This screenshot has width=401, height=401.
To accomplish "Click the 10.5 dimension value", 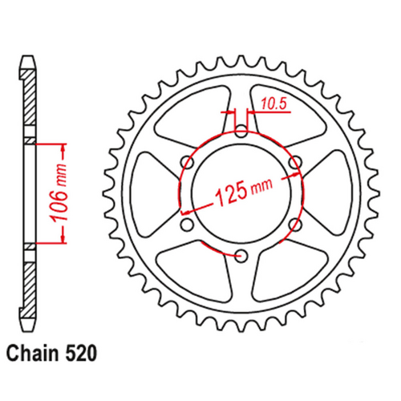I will [x=272, y=103].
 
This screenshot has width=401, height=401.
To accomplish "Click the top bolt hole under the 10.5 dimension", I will [x=241, y=131].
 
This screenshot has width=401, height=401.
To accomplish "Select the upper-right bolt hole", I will [x=295, y=163].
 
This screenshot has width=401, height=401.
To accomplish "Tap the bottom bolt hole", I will [x=241, y=256].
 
